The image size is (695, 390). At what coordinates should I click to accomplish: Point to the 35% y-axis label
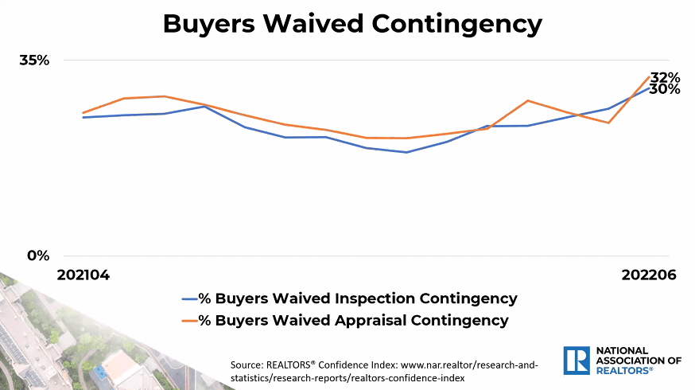(34, 60)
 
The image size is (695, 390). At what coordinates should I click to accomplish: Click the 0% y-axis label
(39, 255)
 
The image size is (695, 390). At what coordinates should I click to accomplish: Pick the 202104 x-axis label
(83, 275)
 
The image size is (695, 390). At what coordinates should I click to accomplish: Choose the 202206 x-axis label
(649, 275)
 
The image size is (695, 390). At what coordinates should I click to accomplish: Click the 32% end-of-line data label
(666, 77)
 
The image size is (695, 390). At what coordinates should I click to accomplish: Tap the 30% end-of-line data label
(665, 89)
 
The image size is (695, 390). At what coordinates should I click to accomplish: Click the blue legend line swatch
(189, 299)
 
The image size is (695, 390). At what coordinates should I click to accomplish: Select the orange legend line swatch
(189, 321)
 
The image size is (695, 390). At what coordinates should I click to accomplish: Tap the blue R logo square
(577, 360)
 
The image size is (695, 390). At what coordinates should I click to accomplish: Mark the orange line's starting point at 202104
(83, 113)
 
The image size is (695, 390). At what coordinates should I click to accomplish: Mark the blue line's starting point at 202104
(83, 118)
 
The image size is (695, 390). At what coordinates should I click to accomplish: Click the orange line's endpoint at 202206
(650, 76)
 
